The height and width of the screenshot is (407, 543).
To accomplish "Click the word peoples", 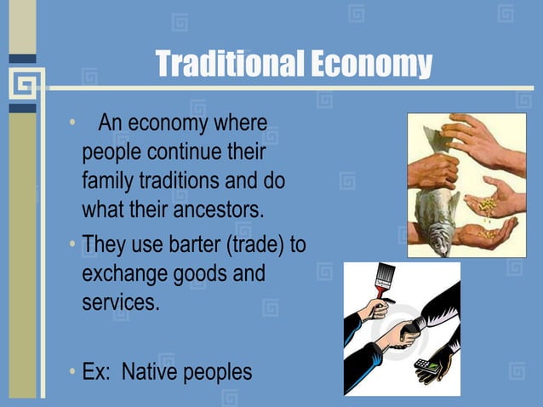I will [224, 372].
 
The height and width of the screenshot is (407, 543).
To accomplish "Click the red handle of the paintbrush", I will [379, 294].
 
